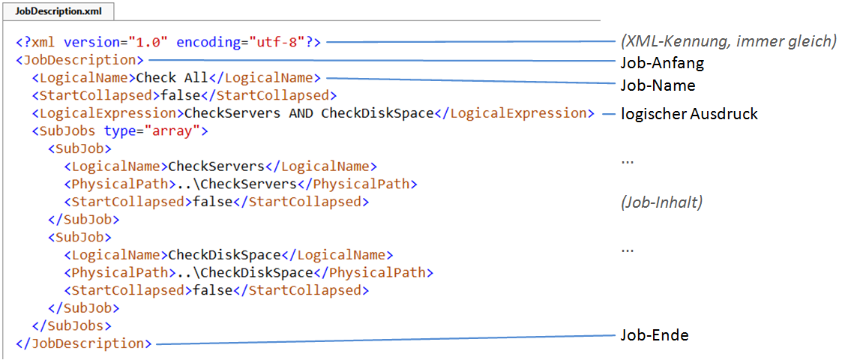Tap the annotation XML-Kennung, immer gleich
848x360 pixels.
point(728,42)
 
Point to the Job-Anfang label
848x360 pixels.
point(662,63)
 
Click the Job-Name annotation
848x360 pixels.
point(658,85)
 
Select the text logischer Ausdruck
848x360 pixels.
point(689,114)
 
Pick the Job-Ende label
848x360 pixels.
point(654,335)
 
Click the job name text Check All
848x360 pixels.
point(172,77)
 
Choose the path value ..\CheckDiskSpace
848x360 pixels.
point(245,272)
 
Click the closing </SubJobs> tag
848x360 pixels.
point(72,325)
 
